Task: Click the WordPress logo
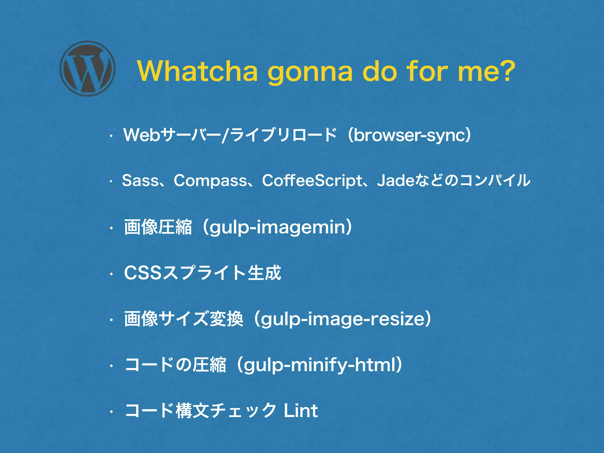[87, 68]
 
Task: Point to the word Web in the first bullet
[142, 135]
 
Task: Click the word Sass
[140, 180]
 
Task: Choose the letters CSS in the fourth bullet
[143, 273]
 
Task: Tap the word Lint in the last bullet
[301, 411]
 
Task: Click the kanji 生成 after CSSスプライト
[264, 273]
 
